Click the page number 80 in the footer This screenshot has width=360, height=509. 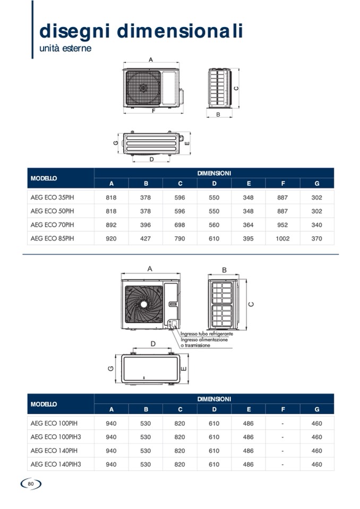[31, 484]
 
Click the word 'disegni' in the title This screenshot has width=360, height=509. [75, 31]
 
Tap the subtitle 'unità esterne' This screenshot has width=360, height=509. [65, 48]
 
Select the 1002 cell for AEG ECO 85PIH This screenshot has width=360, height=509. [282, 239]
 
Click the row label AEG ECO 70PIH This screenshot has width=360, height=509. [52, 225]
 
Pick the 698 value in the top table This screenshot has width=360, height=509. [179, 225]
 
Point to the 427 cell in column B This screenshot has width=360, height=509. [145, 239]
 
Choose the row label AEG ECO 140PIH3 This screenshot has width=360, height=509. [56, 464]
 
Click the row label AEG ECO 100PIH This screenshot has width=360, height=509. [54, 424]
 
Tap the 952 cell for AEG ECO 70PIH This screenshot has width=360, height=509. [282, 225]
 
